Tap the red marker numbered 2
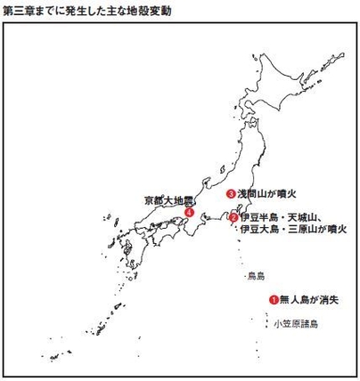[233, 217]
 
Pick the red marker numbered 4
[189, 213]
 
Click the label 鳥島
[256, 277]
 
